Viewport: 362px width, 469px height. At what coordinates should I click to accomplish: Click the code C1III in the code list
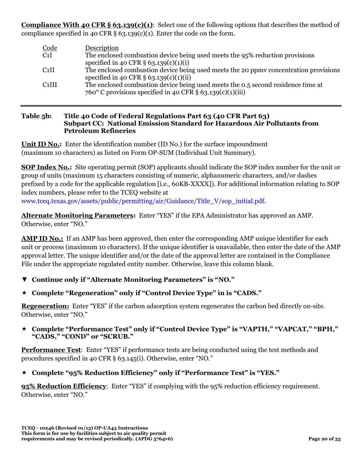[50, 85]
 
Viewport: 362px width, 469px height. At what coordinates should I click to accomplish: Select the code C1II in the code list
[48, 70]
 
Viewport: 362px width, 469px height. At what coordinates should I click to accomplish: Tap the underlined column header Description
[102, 48]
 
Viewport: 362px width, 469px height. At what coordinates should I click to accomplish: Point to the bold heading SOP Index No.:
[46, 167]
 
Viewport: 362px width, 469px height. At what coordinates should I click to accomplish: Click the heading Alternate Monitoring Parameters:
[78, 215]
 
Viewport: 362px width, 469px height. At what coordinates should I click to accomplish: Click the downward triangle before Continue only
[24, 279]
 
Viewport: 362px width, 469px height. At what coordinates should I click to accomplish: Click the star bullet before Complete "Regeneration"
[24, 293]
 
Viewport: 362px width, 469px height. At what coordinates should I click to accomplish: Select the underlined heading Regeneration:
[45, 306]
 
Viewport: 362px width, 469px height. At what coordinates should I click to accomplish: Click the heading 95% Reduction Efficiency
[63, 386]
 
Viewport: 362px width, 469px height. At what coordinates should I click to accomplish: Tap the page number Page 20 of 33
[324, 439]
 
